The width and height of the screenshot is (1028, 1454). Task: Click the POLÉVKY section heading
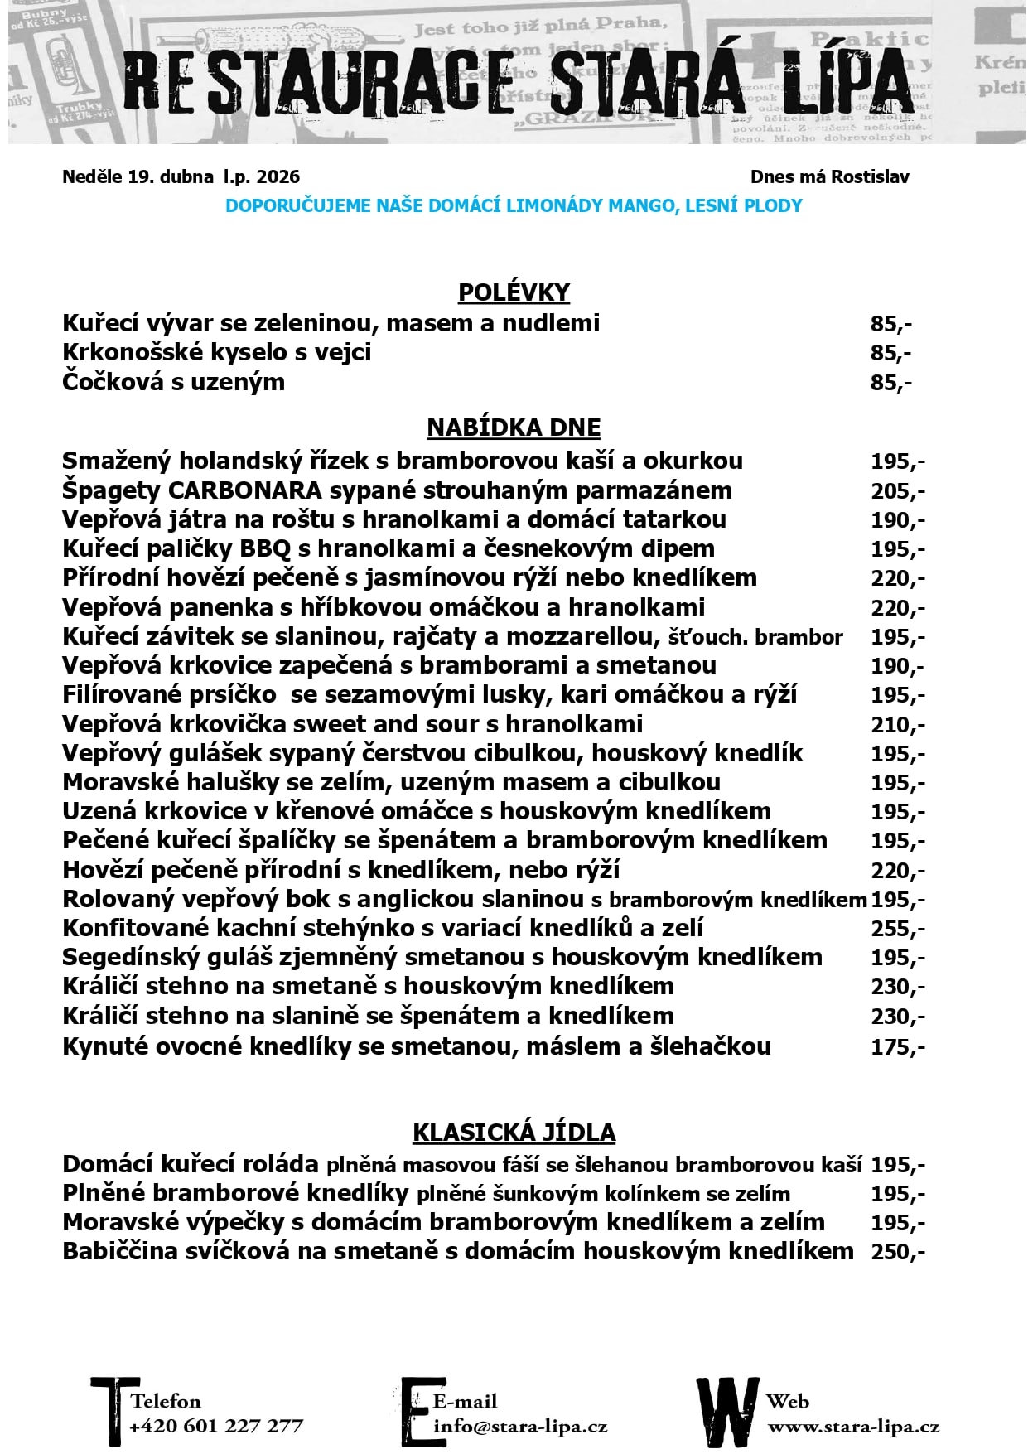pos(514,292)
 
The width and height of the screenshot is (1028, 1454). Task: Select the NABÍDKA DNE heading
pos(514,428)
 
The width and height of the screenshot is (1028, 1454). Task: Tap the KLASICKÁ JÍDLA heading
pos(514,1133)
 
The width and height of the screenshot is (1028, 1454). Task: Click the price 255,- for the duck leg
pos(897,929)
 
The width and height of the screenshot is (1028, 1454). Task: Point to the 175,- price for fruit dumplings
pos(897,1047)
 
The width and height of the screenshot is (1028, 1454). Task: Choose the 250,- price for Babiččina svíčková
pos(897,1251)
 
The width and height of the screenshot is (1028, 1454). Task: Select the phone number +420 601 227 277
pos(216,1426)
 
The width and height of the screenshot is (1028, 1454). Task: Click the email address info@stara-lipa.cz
pos(520,1426)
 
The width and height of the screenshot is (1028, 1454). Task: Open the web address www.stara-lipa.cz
pos(853,1427)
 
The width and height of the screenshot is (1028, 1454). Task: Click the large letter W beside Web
pos(727,1411)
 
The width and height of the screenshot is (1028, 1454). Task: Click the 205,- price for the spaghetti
pos(897,491)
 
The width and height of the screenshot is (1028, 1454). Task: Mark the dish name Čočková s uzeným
pos(173,382)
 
